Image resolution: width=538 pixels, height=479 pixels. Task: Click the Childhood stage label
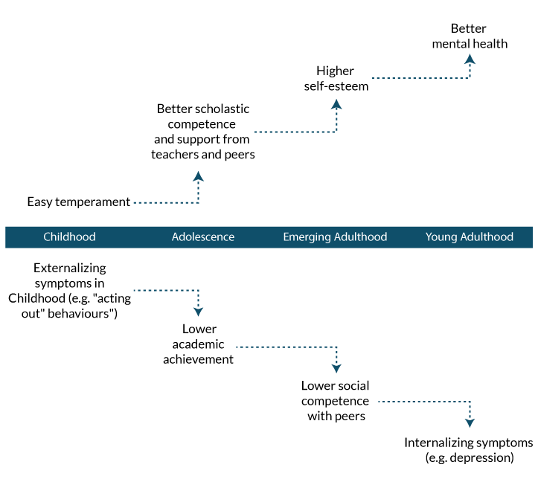(x=69, y=237)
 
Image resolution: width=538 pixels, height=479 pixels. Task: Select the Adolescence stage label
(x=203, y=237)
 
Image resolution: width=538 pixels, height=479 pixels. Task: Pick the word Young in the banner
(x=442, y=237)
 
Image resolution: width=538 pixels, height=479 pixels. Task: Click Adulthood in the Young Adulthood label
(x=487, y=237)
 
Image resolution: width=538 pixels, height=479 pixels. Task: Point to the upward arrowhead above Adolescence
(x=198, y=177)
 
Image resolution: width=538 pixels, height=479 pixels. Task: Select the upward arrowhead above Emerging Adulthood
(x=336, y=104)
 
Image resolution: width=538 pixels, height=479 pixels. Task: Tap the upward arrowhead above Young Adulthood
(x=470, y=59)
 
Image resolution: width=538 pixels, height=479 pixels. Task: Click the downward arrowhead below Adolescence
(x=198, y=312)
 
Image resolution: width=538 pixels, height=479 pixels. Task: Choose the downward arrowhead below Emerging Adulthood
(x=336, y=368)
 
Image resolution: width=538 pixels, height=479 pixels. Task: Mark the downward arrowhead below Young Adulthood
(x=470, y=422)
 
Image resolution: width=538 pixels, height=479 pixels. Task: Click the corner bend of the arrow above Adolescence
(x=198, y=202)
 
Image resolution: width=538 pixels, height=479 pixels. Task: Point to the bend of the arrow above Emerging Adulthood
(x=336, y=132)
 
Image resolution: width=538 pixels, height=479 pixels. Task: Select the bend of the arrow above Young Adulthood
(x=470, y=77)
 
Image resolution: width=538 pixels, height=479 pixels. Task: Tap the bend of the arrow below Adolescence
(x=198, y=290)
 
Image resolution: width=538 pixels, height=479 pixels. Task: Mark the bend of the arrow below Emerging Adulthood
(x=336, y=347)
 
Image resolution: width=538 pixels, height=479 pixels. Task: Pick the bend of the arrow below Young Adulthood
(x=470, y=402)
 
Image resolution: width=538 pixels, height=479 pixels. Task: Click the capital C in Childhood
(x=47, y=237)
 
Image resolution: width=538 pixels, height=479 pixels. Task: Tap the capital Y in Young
(x=429, y=237)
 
